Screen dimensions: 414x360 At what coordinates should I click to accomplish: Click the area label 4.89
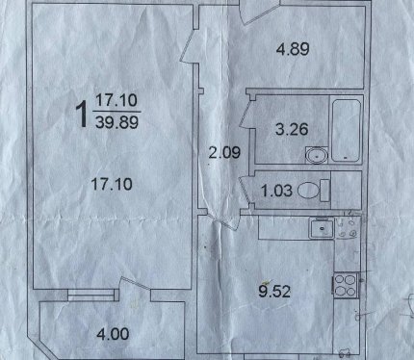(x=293, y=49)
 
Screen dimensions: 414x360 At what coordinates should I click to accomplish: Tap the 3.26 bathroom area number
(x=292, y=129)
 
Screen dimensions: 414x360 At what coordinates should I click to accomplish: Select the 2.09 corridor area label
(x=224, y=152)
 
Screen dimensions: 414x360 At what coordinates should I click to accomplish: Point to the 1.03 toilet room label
(x=276, y=191)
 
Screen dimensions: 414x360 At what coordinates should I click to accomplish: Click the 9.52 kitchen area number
(x=274, y=292)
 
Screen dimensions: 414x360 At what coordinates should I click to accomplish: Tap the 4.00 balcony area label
(x=113, y=334)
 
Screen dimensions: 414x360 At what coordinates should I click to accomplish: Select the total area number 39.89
(x=117, y=122)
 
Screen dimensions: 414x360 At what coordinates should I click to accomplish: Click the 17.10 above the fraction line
(x=116, y=100)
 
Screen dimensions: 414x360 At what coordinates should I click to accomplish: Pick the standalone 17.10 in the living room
(x=112, y=184)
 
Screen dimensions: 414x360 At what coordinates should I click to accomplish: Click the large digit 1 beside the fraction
(x=82, y=114)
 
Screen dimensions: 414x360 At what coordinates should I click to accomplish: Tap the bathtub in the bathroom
(x=346, y=131)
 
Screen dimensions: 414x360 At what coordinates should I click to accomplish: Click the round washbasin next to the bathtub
(x=317, y=156)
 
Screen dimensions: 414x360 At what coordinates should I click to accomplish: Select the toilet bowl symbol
(x=314, y=191)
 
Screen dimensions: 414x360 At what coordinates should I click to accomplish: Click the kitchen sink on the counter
(x=322, y=228)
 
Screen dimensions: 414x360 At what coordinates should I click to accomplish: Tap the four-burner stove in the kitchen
(x=346, y=286)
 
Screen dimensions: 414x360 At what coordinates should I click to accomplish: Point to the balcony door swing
(x=135, y=286)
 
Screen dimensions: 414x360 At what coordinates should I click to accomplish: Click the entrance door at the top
(x=260, y=13)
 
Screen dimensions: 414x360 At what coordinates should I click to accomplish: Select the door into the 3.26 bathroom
(x=247, y=114)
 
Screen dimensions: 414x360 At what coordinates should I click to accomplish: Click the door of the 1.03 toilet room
(x=247, y=190)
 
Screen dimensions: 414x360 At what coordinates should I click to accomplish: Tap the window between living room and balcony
(x=91, y=296)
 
